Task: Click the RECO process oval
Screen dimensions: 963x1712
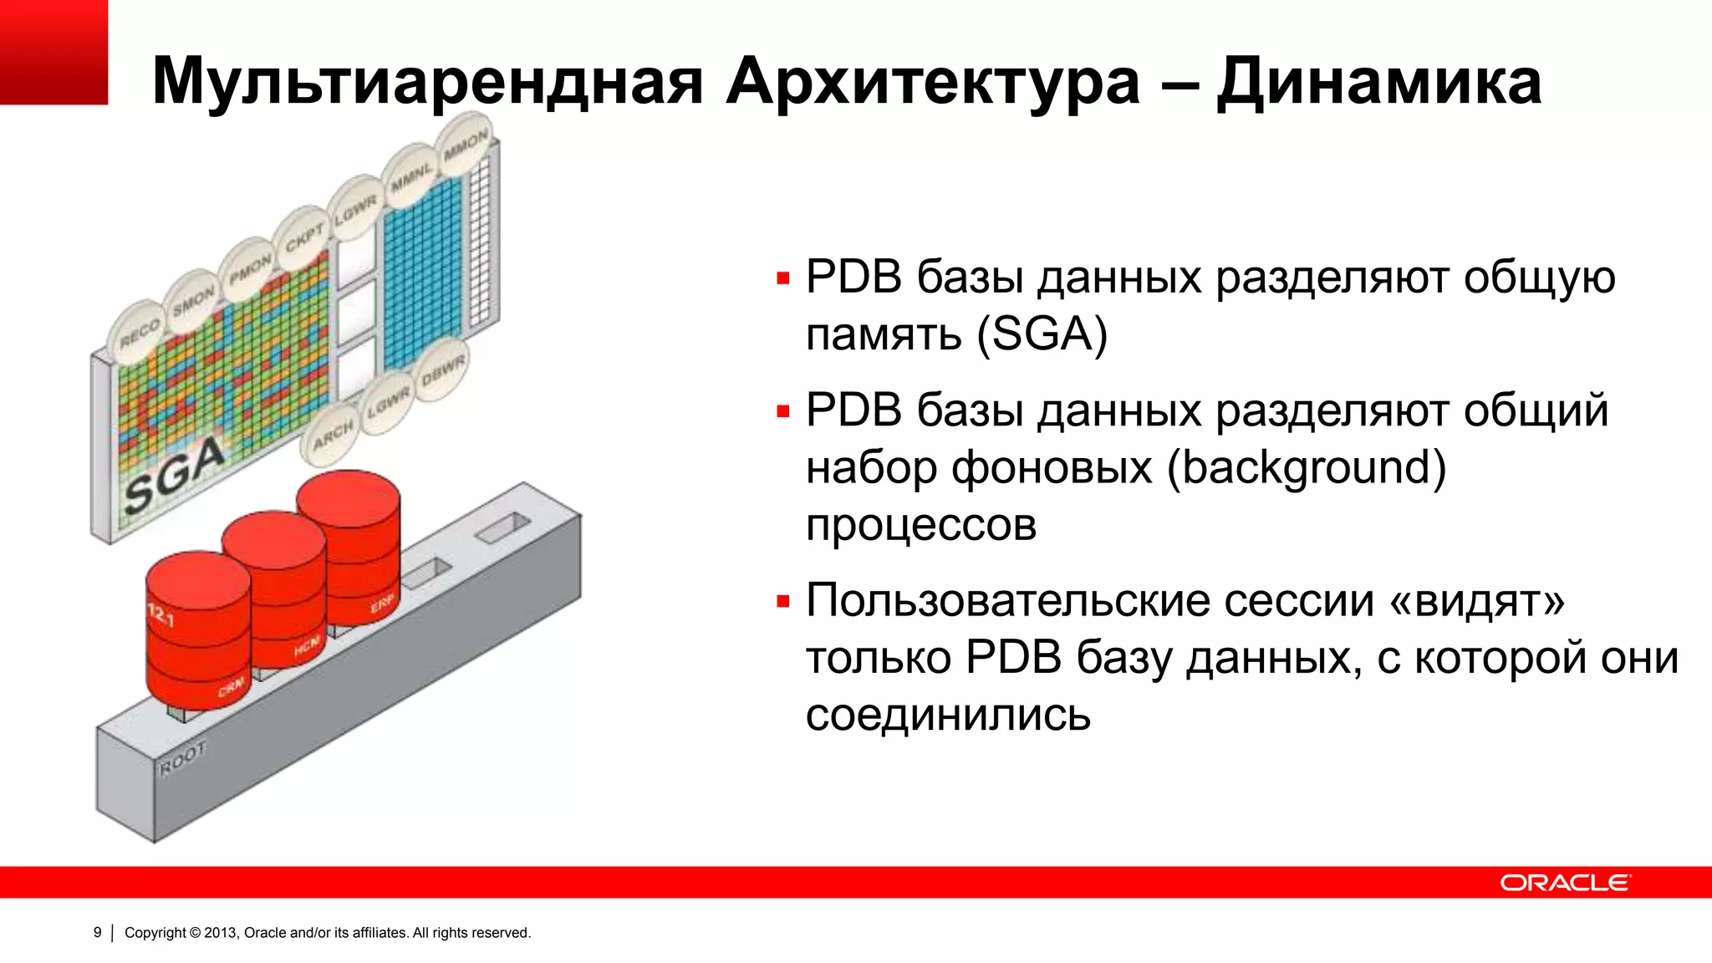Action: [138, 333]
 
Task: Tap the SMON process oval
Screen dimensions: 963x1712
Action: [193, 299]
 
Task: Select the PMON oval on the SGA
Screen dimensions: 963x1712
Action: [249, 268]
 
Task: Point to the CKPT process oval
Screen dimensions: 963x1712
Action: [303, 237]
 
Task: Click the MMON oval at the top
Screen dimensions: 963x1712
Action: [465, 145]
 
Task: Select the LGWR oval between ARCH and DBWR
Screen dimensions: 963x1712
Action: [389, 404]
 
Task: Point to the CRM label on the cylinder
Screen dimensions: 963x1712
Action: [231, 687]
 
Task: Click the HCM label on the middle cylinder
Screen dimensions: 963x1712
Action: [306, 645]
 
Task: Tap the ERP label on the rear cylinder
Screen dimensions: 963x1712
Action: [382, 604]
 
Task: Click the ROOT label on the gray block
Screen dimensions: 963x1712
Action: [182, 759]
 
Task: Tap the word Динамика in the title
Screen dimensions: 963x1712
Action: [1378, 82]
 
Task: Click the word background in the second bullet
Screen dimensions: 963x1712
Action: [1306, 468]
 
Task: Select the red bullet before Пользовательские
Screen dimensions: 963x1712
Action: [782, 601]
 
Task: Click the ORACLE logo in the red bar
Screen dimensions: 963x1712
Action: [1564, 883]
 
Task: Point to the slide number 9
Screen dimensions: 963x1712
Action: [98, 932]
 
